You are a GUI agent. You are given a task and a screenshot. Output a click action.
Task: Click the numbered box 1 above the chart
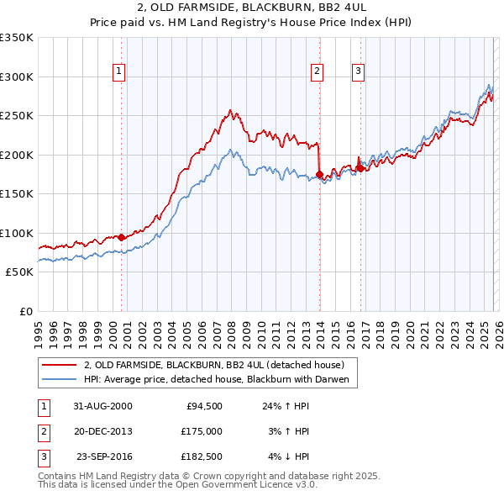(120, 72)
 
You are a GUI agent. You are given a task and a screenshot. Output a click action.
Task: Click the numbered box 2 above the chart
(318, 72)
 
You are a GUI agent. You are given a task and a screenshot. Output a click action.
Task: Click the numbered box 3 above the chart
(359, 72)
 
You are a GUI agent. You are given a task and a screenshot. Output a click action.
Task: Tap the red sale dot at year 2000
(122, 237)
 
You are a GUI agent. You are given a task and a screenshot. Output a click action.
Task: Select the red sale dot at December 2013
(319, 175)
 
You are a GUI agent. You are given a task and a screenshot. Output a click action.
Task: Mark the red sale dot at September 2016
(360, 168)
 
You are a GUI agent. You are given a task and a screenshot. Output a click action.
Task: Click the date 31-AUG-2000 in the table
(102, 406)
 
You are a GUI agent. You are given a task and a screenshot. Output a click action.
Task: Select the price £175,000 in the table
(202, 431)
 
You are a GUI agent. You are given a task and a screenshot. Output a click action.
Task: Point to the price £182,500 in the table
(202, 456)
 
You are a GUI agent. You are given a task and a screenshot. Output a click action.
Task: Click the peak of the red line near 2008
(231, 110)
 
